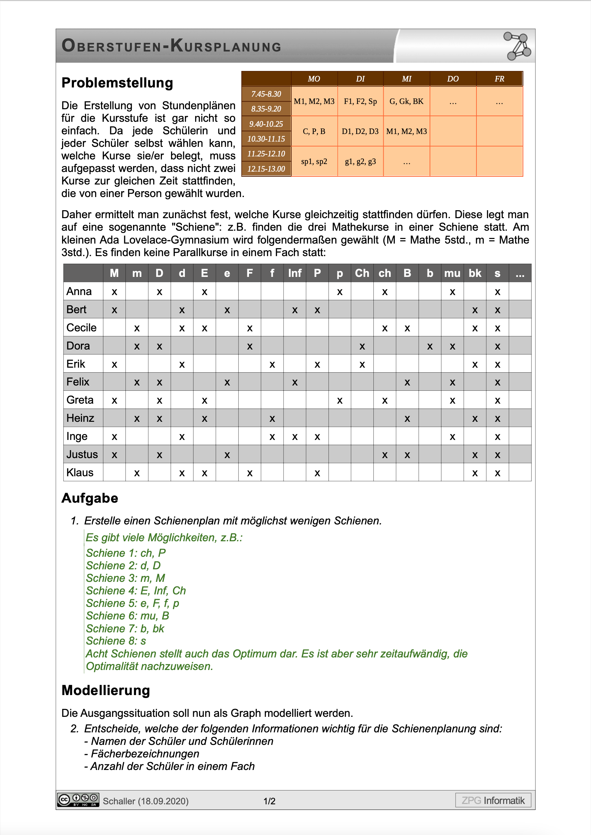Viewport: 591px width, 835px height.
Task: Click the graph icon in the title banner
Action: click(x=517, y=46)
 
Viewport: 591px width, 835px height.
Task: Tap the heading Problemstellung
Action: click(x=117, y=83)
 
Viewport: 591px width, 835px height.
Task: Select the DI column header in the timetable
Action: click(x=360, y=79)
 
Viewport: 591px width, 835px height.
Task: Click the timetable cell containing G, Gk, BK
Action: click(x=406, y=101)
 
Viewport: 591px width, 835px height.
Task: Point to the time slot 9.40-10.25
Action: click(x=266, y=124)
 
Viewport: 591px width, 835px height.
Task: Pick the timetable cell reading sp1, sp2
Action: click(x=314, y=161)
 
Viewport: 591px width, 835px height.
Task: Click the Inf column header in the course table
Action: click(x=295, y=273)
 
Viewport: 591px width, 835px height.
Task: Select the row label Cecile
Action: click(x=82, y=328)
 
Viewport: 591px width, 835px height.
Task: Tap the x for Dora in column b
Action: click(x=430, y=346)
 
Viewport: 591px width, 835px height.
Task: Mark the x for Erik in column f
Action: click(x=272, y=364)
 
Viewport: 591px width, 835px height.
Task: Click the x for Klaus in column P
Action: click(x=317, y=473)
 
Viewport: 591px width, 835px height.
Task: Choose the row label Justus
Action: click(x=82, y=454)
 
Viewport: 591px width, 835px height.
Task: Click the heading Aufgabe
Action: click(x=90, y=498)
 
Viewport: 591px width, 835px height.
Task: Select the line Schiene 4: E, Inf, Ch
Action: click(x=136, y=591)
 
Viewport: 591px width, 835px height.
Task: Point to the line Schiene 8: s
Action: click(x=116, y=641)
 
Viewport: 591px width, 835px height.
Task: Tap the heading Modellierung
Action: click(x=106, y=690)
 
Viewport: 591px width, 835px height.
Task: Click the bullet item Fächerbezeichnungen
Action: click(x=145, y=753)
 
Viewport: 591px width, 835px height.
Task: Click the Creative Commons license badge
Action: click(x=78, y=800)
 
